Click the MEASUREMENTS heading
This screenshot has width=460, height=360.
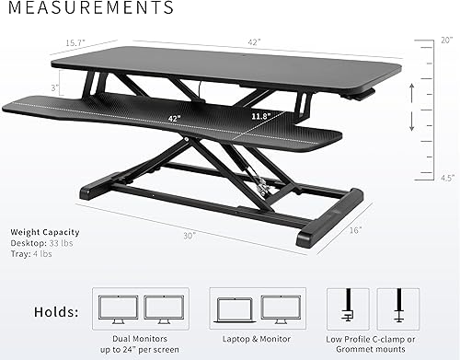(87, 9)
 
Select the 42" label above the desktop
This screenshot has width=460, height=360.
(253, 42)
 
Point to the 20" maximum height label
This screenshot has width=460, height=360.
(447, 40)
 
